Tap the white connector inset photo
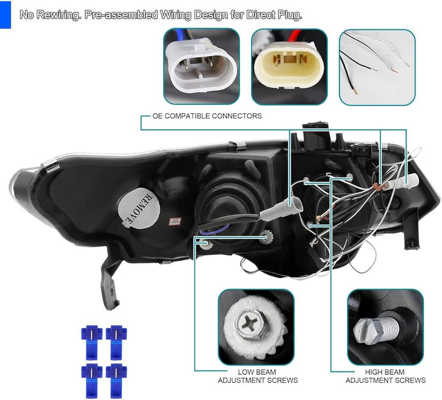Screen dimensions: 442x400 point(201,67)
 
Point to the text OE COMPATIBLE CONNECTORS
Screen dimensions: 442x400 point(207,116)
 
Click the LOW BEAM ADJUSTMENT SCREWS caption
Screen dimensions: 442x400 point(258,376)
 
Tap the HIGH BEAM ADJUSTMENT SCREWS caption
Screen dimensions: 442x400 point(385,376)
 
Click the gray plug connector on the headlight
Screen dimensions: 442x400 point(293,206)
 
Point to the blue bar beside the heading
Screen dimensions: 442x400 point(5,15)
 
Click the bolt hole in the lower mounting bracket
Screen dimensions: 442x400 point(111,291)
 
